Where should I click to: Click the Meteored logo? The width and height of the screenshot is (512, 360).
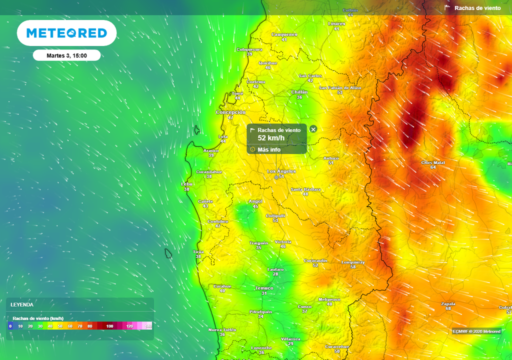pos(66,33)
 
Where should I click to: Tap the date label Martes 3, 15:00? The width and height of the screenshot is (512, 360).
pos(66,55)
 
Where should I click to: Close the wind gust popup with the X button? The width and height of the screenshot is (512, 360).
pos(313,129)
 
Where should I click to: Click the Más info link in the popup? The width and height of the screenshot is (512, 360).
pos(269,149)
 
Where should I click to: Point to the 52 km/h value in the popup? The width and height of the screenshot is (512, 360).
pos(271,138)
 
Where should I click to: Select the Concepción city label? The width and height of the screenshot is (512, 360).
pos(230,112)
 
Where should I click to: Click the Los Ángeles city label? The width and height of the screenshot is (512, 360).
pos(281,171)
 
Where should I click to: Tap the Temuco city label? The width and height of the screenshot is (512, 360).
pos(264,288)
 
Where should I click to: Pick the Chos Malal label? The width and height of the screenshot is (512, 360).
pos(433,162)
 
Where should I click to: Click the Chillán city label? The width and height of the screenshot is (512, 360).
pos(299,92)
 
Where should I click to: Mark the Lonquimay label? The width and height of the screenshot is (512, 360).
pos(353,262)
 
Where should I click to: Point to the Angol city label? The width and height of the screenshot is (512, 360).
pos(255,201)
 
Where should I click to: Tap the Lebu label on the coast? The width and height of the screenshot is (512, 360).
pos(186,184)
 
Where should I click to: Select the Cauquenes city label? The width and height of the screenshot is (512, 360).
pos(284,34)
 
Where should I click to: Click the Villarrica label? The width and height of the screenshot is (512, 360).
pos(290,338)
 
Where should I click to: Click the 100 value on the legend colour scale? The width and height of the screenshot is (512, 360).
pos(109,326)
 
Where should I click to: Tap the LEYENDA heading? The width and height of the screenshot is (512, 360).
pos(22,304)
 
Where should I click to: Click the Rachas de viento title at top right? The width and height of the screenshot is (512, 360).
pos(477,8)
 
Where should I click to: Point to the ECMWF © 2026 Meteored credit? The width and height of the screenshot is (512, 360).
pos(476,331)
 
